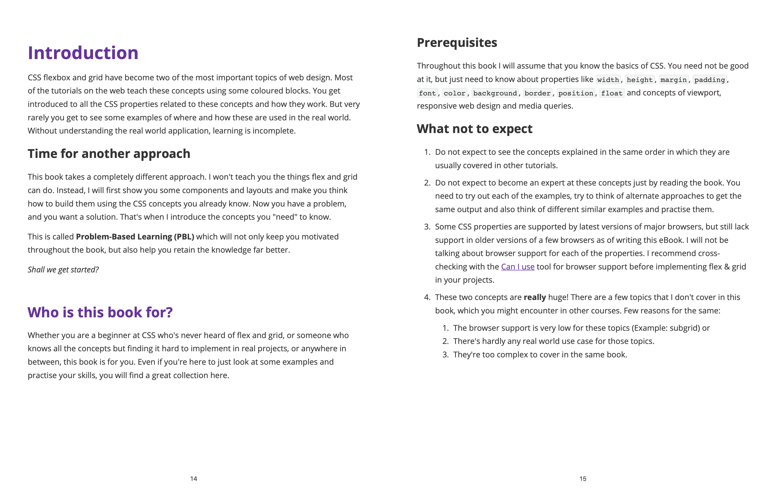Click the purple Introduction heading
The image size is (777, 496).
(83, 53)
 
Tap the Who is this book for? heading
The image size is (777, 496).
(100, 312)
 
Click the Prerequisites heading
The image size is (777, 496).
(457, 42)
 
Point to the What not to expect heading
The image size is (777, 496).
(474, 129)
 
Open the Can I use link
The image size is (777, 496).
(518, 267)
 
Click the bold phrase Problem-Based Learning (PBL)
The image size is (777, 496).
(135, 237)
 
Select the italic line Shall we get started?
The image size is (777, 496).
(63, 270)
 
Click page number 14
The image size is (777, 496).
(194, 479)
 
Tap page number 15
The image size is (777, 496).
(583, 479)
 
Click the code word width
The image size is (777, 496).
(608, 80)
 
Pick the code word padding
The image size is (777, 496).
(710, 80)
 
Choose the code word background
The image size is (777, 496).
(495, 93)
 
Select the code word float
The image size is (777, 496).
(611, 93)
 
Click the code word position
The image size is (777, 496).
(576, 93)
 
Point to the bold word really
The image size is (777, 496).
(535, 297)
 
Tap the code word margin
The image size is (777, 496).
(673, 80)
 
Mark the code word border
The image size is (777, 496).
(537, 93)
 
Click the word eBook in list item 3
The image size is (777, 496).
(672, 240)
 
